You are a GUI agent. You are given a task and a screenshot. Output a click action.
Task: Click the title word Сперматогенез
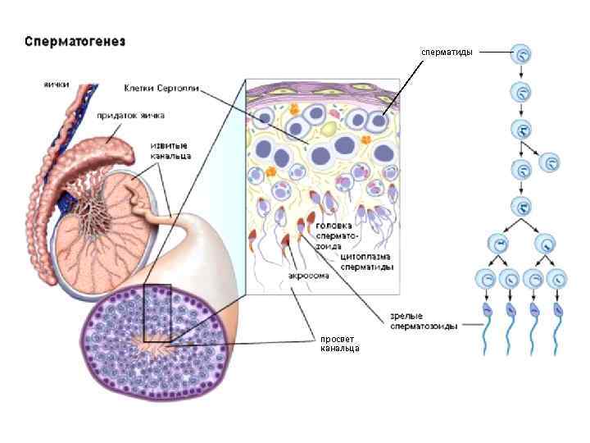pyautogui.click(x=75, y=40)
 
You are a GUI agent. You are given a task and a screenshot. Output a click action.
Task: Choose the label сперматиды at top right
pyautogui.click(x=447, y=52)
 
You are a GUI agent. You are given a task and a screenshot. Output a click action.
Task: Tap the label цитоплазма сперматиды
pyautogui.click(x=365, y=262)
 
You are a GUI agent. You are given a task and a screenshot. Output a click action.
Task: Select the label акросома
pyautogui.click(x=309, y=276)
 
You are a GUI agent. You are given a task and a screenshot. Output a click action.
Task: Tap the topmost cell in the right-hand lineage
pyautogui.click(x=521, y=55)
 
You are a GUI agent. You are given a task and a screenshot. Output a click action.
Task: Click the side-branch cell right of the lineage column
pyautogui.click(x=551, y=162)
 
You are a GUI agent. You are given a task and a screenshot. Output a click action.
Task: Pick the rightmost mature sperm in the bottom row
pyautogui.click(x=557, y=328)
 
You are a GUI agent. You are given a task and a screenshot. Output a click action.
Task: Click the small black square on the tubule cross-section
pyautogui.click(x=157, y=313)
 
